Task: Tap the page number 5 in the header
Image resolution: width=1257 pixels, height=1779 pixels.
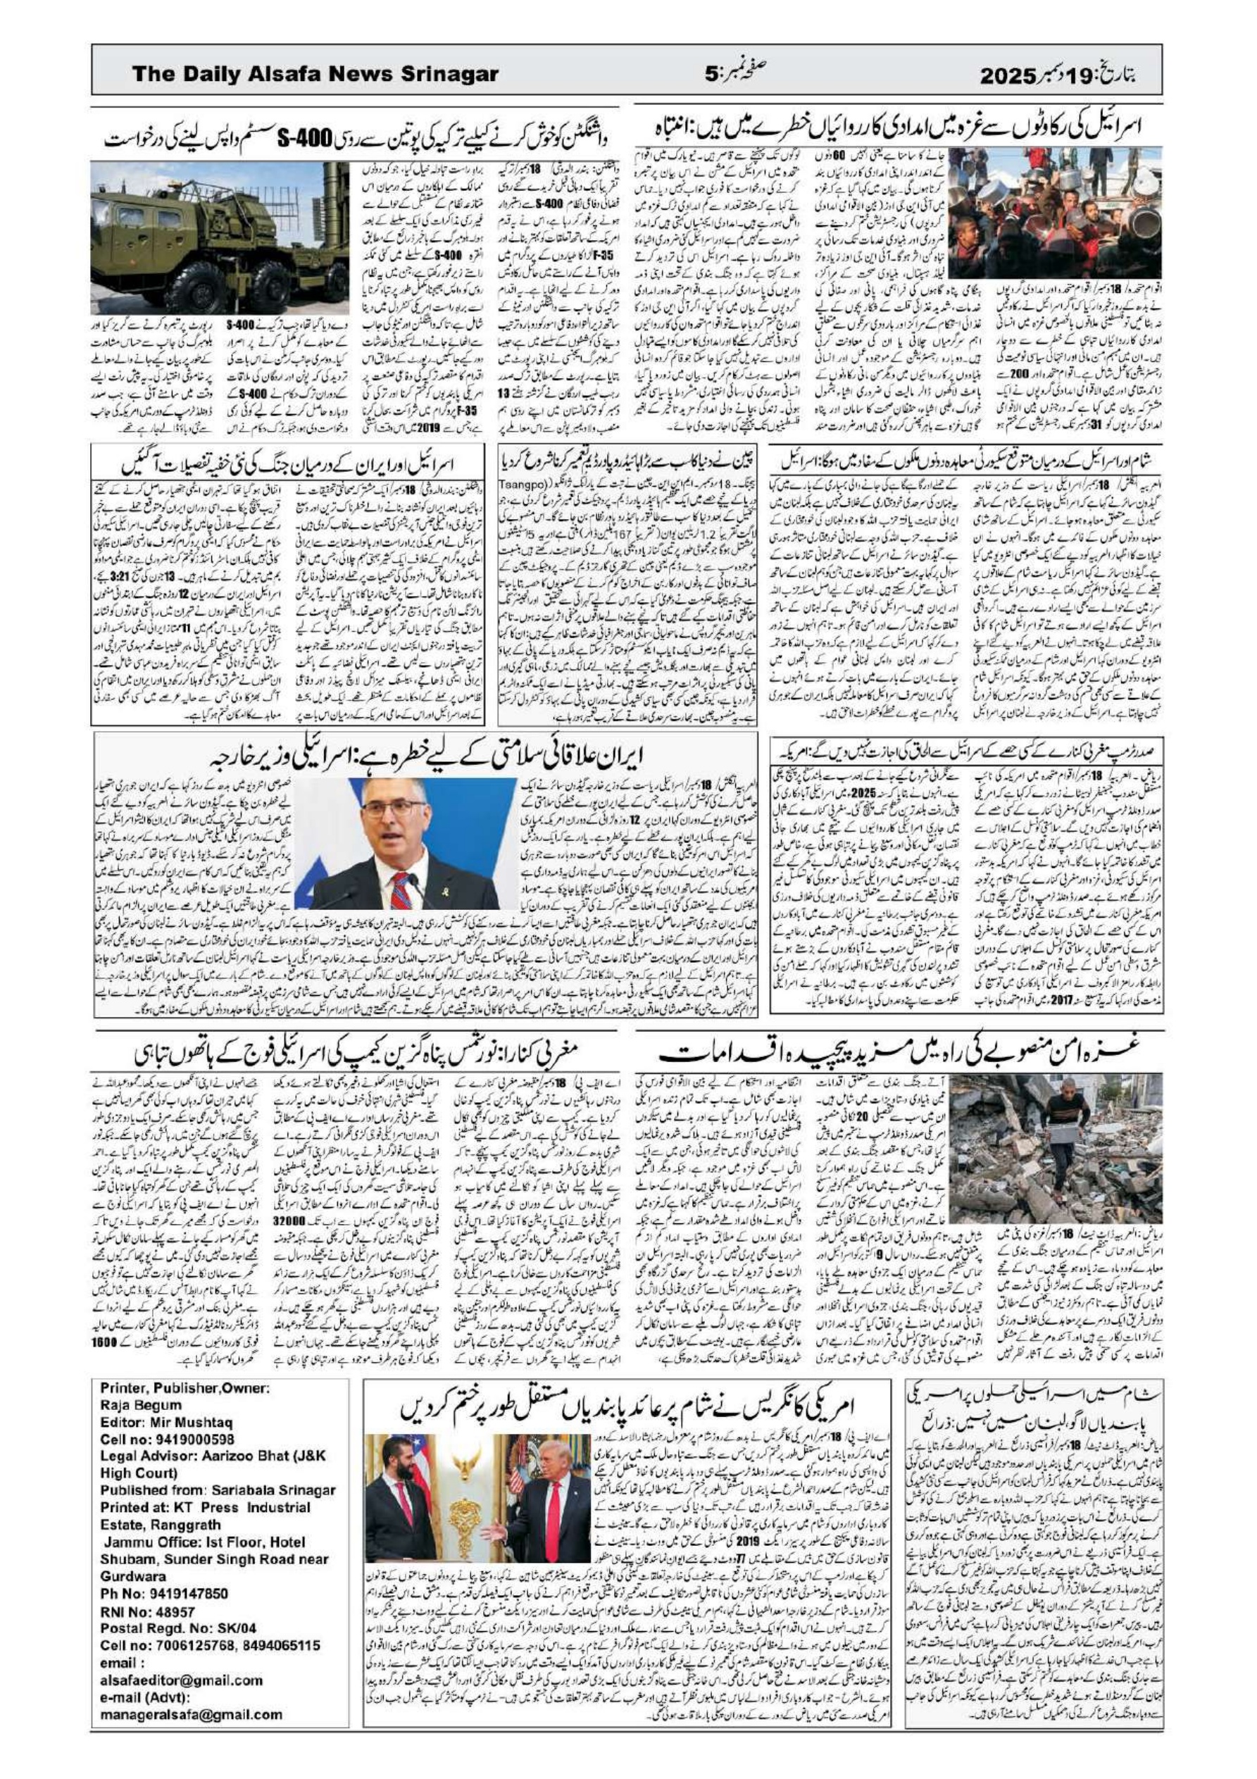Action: click(711, 75)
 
